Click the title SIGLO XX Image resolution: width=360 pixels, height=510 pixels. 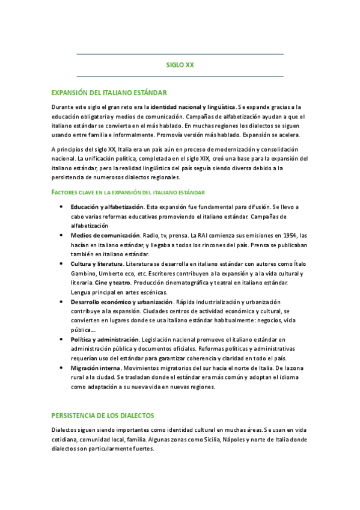pyautogui.click(x=180, y=65)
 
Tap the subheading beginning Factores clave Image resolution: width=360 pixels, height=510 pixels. pyautogui.click(x=128, y=192)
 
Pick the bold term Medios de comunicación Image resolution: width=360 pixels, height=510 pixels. pyautogui.click(x=105, y=235)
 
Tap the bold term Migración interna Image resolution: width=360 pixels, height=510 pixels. pyautogui.click(x=96, y=367)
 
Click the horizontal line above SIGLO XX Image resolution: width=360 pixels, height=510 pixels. pyautogui.click(x=180, y=54)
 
